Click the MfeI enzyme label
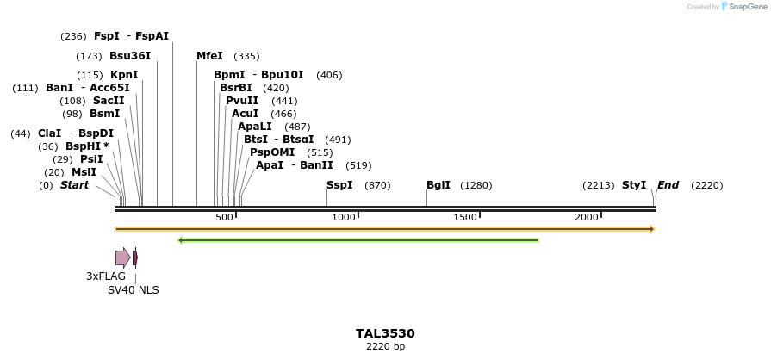(x=209, y=56)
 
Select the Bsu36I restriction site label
(x=130, y=56)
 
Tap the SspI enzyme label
(x=339, y=185)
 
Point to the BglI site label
(x=438, y=185)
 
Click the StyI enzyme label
(x=634, y=185)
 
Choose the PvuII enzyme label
(x=242, y=101)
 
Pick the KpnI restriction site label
(x=124, y=75)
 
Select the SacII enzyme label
(x=109, y=101)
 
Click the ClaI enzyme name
(x=50, y=133)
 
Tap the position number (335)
(x=246, y=56)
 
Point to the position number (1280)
(x=476, y=185)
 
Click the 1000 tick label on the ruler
(x=344, y=217)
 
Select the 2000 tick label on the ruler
(x=587, y=217)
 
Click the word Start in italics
(x=74, y=185)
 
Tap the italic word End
(x=668, y=185)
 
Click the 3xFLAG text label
(x=106, y=276)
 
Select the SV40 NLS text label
(x=133, y=290)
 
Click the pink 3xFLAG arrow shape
(x=122, y=257)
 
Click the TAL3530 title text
(x=385, y=333)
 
